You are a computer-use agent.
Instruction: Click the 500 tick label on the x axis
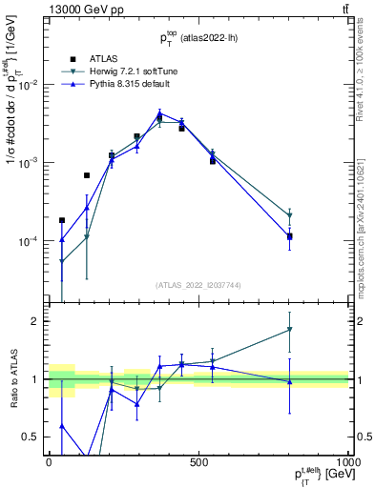click(x=198, y=462)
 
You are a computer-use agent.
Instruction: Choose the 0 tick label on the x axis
click(x=48, y=462)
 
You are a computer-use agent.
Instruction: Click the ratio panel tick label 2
click(x=38, y=321)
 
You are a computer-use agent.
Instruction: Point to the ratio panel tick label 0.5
click(x=34, y=437)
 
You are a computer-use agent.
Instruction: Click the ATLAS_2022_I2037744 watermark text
click(x=198, y=285)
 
